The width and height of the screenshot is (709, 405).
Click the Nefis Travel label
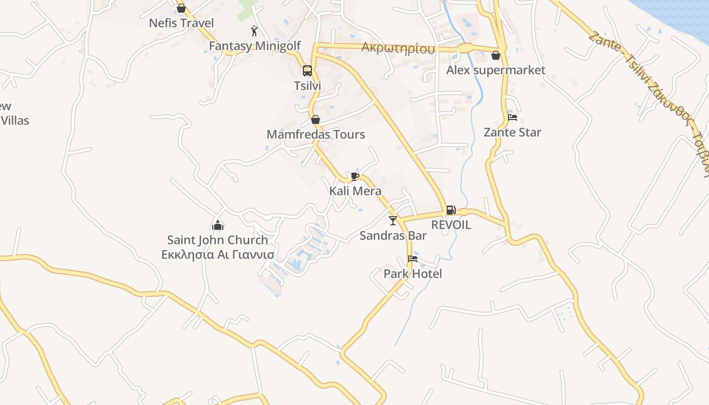[x=181, y=23]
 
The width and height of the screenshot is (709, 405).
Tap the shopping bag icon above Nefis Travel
[x=181, y=9]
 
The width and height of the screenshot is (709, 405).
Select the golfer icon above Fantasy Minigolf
[x=254, y=31]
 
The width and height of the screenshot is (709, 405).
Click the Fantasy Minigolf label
[x=255, y=46]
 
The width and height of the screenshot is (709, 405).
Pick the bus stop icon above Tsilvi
[x=307, y=71]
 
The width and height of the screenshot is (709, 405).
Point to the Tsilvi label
[x=307, y=86]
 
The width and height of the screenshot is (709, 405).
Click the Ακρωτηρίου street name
[x=398, y=48]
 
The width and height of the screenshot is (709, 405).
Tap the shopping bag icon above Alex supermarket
[x=496, y=55]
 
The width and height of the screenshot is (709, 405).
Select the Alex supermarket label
[x=495, y=70]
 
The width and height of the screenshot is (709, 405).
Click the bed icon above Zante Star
[x=513, y=118]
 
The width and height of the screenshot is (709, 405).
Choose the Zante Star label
[x=513, y=132]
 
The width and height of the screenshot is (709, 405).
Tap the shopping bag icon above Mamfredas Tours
[x=316, y=120]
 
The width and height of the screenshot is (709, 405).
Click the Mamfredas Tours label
[x=316, y=134]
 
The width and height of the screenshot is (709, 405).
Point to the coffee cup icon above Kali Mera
[x=355, y=176]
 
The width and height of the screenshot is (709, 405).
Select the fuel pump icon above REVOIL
[x=451, y=210]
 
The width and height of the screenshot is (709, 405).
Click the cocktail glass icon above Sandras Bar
[x=393, y=221]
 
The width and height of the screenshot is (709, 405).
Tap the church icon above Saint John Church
[x=218, y=225]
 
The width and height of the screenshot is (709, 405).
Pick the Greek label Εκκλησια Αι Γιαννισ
[x=218, y=254]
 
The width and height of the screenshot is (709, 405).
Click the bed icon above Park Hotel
[x=413, y=259]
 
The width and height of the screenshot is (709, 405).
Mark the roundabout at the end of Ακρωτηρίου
[x=464, y=49]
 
